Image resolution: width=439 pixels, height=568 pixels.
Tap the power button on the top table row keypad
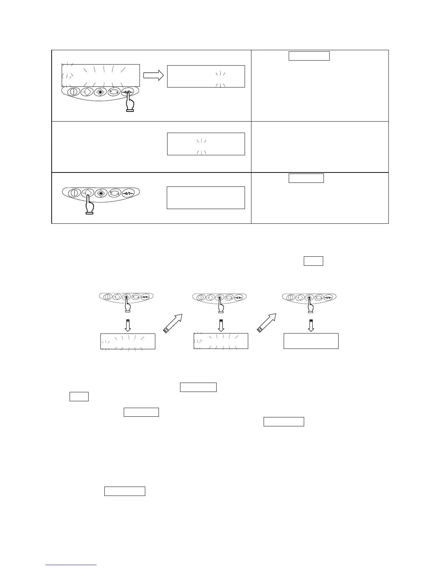(73, 92)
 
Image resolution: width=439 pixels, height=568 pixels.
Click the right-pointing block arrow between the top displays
(153, 75)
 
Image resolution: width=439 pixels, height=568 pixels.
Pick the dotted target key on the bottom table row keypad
(101, 193)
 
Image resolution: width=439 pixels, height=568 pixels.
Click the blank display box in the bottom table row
(206, 198)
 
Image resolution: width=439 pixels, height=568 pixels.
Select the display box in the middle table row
(206, 144)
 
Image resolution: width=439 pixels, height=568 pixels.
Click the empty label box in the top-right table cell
(309, 56)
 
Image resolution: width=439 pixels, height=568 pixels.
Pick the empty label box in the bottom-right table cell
(306, 178)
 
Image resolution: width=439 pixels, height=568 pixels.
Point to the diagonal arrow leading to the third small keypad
(266, 322)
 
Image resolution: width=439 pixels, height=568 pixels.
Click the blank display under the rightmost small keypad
(311, 341)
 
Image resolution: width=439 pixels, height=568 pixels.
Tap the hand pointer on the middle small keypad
(221, 306)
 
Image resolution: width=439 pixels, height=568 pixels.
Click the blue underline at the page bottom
(71, 565)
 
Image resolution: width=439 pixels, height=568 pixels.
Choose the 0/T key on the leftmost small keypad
(145, 297)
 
